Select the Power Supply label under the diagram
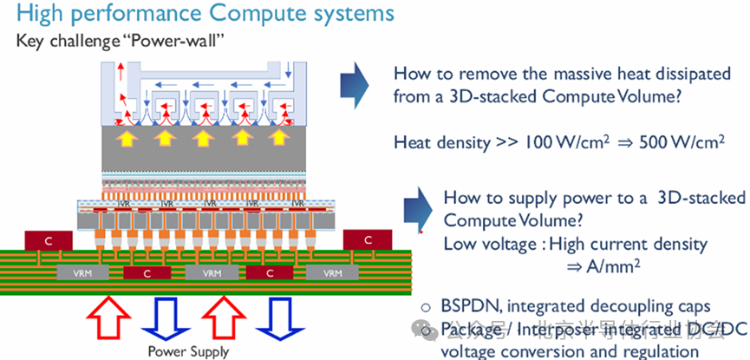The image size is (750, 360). point(188,351)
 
